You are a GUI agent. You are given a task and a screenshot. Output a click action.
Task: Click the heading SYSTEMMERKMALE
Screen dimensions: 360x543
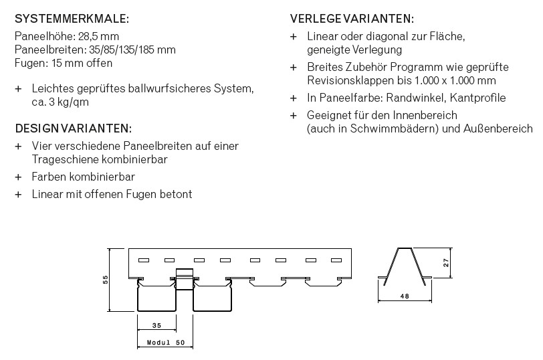click(x=72, y=19)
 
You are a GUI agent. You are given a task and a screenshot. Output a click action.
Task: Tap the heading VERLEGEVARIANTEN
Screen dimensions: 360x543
click(x=352, y=19)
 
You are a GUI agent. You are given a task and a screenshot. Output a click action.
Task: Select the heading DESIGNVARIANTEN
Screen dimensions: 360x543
click(x=73, y=128)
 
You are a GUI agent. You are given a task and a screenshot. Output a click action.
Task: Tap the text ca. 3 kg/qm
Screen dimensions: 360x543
click(x=60, y=102)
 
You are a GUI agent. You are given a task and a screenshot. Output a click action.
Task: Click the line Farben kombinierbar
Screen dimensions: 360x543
click(x=83, y=177)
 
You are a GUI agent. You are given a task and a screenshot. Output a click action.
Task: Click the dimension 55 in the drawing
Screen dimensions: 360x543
click(x=106, y=280)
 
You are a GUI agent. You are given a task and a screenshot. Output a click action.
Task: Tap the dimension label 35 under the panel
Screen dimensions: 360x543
click(x=156, y=326)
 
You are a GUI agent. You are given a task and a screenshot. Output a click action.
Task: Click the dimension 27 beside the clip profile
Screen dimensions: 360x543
click(x=446, y=264)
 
